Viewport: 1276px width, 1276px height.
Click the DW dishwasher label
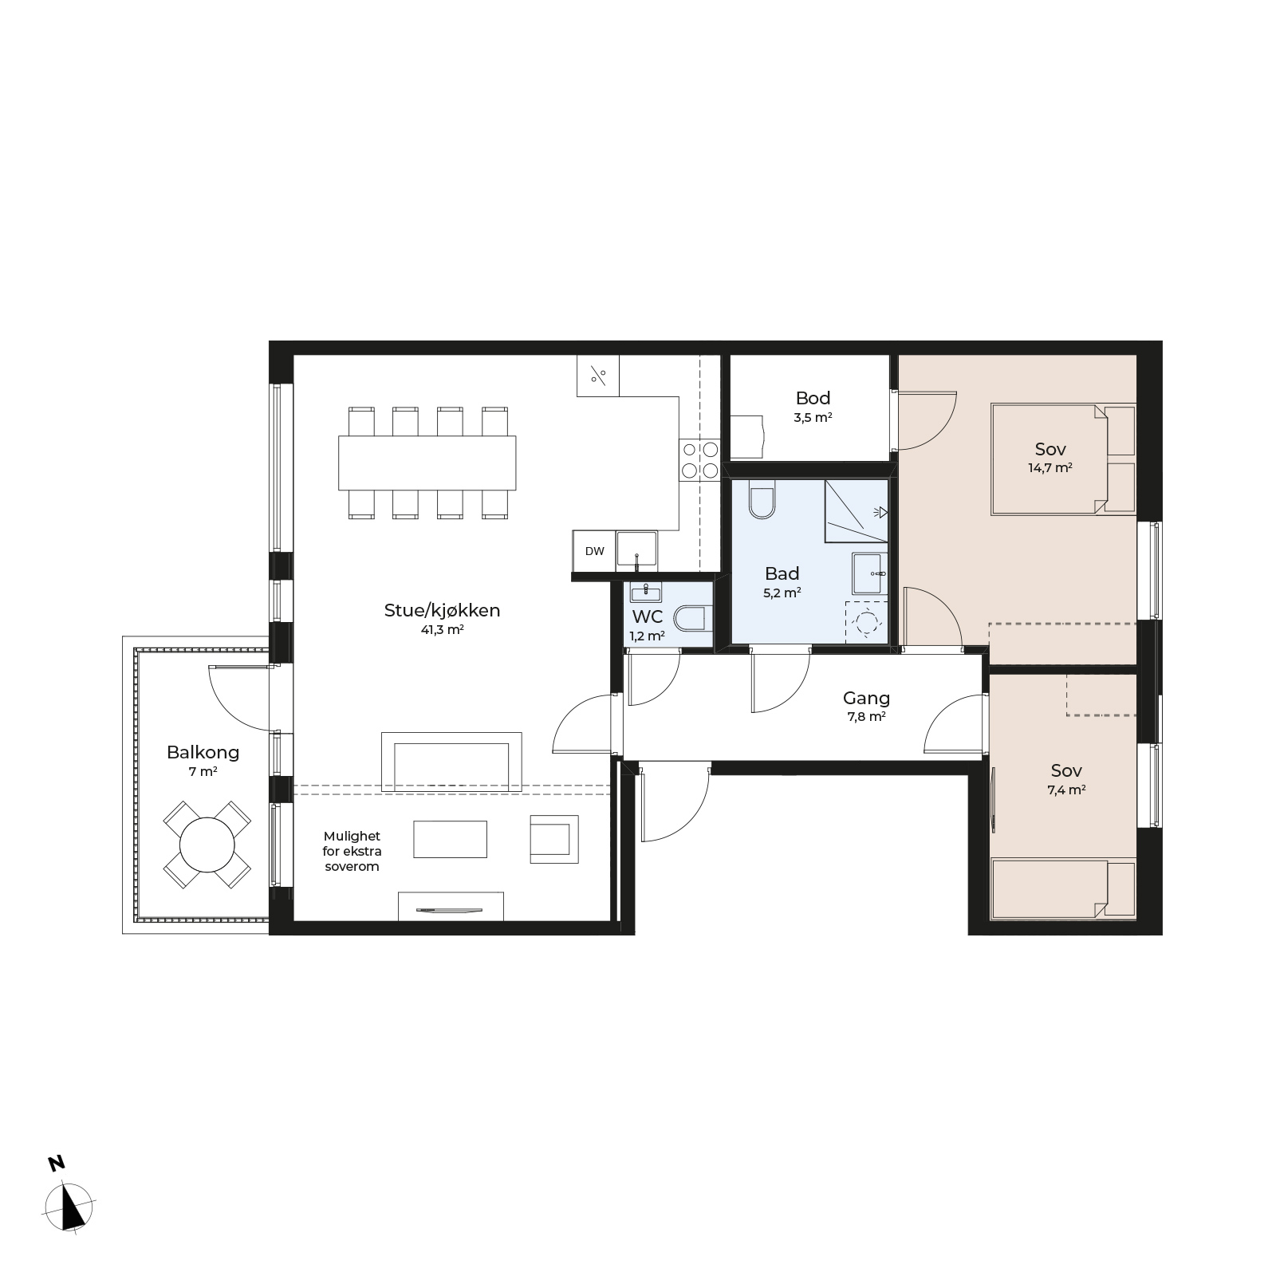tap(595, 551)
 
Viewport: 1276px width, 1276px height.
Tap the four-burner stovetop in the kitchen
tap(699, 461)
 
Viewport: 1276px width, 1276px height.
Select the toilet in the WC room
tap(690, 618)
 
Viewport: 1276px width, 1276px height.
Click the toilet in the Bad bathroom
tap(762, 500)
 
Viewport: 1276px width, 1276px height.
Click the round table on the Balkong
tap(207, 845)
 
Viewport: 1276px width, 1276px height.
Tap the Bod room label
tap(813, 398)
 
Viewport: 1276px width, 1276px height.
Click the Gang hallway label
tap(866, 699)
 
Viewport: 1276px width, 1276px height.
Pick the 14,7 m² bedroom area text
tap(1050, 468)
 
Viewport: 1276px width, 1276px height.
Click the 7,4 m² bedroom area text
tap(1066, 790)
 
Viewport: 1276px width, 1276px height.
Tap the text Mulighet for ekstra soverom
tap(352, 851)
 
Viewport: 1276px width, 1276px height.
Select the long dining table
tap(427, 463)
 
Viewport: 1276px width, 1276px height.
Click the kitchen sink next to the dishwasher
tap(636, 550)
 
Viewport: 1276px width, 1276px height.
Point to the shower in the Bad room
tap(857, 511)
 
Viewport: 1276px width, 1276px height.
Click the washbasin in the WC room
tap(644, 593)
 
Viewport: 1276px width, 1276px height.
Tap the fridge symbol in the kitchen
tap(598, 375)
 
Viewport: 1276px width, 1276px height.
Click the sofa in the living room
tap(451, 762)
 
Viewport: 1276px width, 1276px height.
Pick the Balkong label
tap(203, 752)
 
